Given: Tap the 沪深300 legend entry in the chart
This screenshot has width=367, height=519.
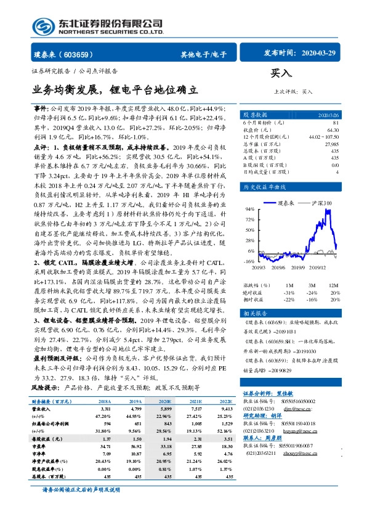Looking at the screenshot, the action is tap(322, 202).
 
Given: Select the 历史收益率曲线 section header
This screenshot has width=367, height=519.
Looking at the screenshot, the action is tap(263, 186).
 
